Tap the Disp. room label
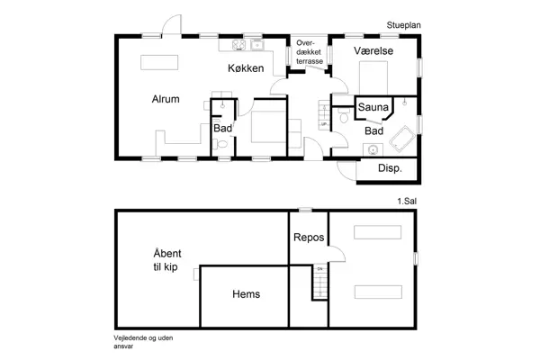tap(390, 168)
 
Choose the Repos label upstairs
tap(307, 238)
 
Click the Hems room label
tap(246, 294)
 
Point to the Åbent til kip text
tap(166, 260)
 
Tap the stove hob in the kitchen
tap(238, 44)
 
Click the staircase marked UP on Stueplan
tap(324, 116)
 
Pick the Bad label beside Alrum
tap(222, 129)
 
